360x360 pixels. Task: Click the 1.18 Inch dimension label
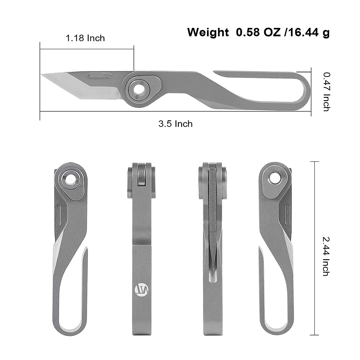coord(85,38)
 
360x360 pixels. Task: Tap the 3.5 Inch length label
coord(175,124)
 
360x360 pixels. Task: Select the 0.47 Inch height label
coord(326,91)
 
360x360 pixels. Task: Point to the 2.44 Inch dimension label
coord(326,256)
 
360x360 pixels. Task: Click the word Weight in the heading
coord(208,32)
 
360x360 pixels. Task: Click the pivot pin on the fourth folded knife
coord(275,178)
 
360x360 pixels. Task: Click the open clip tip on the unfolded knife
coord(215,72)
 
